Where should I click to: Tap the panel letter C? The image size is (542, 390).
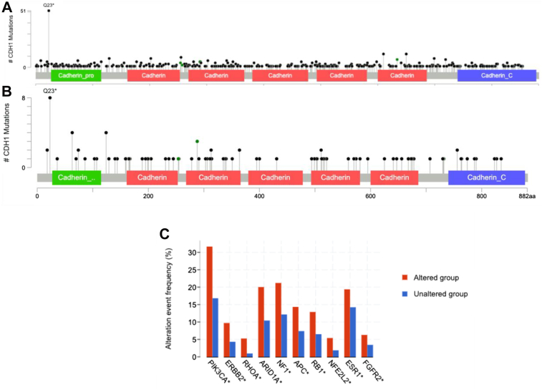point(164,234)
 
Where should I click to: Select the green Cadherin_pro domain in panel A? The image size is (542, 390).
point(76,75)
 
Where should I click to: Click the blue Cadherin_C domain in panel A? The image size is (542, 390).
point(496,75)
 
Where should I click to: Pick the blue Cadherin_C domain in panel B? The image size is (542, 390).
point(486,177)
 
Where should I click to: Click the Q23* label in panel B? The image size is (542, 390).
point(49,91)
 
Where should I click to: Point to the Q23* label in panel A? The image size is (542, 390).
point(49,5)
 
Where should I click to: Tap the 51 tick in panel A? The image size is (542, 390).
point(24,11)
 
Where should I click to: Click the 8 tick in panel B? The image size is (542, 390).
point(24,98)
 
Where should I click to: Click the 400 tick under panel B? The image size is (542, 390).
point(259,195)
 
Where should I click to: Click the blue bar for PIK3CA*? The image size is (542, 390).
point(216,327)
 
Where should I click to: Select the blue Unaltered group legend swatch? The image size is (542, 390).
point(405,294)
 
